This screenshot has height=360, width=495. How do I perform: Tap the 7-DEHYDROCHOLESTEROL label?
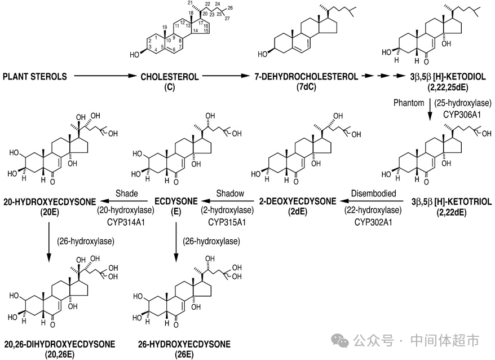(304, 76)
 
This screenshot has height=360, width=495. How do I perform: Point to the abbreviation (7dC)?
(304, 86)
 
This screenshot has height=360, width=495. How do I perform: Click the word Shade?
(127, 194)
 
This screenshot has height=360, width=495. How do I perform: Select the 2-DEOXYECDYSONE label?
(297, 201)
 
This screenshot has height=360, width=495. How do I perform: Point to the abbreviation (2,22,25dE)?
(449, 86)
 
